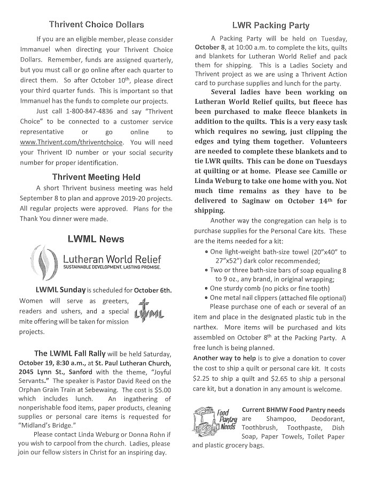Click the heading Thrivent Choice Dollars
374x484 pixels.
point(96,25)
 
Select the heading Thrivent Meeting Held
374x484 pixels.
point(96,177)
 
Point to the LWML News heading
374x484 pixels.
point(96,239)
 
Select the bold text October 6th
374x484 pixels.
point(153,290)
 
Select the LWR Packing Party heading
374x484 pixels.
point(270,25)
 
